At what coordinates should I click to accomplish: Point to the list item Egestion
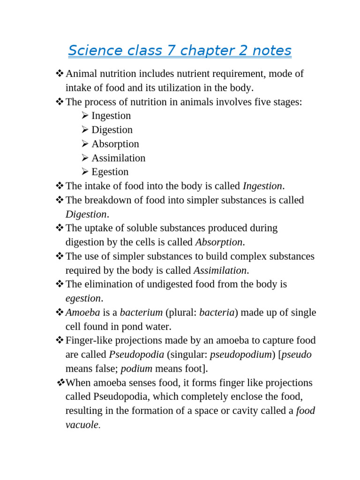pyautogui.click(x=110, y=172)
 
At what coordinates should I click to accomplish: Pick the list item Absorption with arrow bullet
pyautogui.click(x=115, y=144)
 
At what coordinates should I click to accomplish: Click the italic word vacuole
pyautogui.click(x=82, y=425)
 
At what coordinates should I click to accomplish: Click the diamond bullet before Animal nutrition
pyautogui.click(x=60, y=74)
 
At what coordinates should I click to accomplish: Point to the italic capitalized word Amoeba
pyautogui.click(x=82, y=313)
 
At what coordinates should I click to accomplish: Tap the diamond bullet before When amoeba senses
pyautogui.click(x=60, y=383)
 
